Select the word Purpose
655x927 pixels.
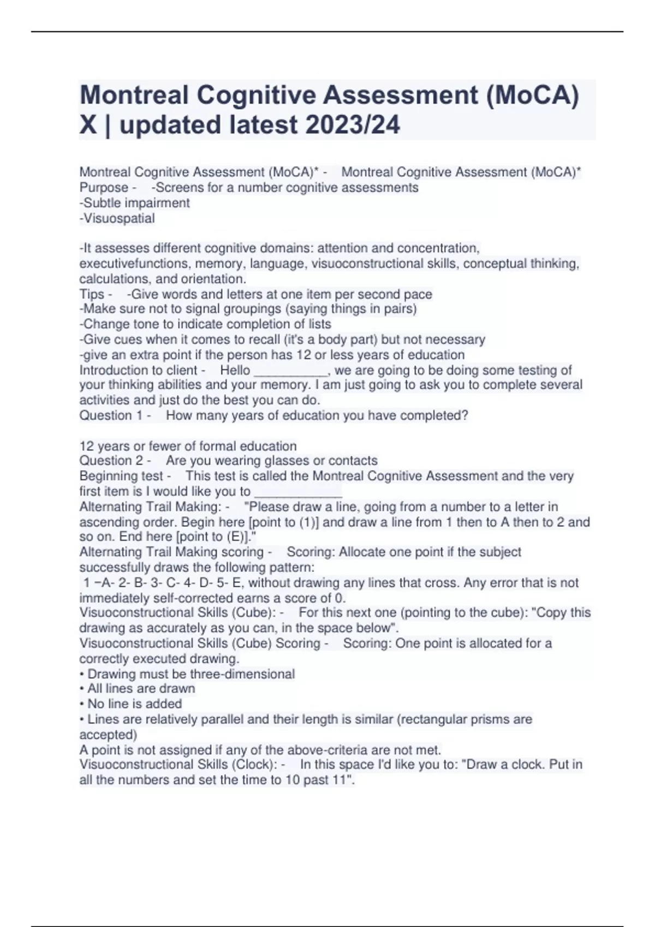click(104, 188)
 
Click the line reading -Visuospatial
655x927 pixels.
click(117, 218)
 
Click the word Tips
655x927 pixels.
click(92, 294)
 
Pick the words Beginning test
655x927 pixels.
click(121, 476)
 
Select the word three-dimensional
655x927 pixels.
click(242, 674)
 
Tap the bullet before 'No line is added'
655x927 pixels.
click(82, 704)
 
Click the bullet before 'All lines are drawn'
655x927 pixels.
click(82, 689)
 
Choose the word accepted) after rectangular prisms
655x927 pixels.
click(108, 735)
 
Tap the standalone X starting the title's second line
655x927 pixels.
click(88, 125)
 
